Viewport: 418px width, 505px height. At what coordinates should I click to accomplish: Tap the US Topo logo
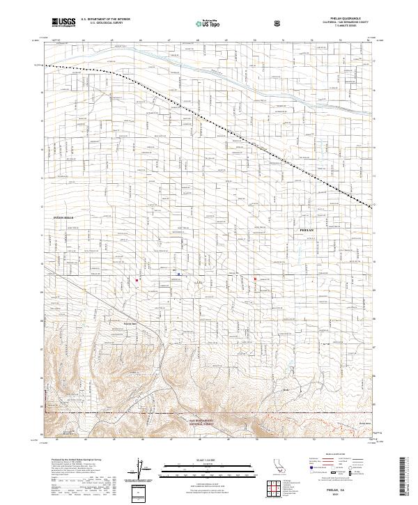(201, 22)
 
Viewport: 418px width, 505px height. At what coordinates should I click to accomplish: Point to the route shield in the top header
(277, 22)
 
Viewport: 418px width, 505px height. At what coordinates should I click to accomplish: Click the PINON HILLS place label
(63, 218)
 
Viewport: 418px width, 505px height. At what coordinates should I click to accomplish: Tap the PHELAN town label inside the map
(307, 229)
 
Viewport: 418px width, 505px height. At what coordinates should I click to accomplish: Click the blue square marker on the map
(179, 274)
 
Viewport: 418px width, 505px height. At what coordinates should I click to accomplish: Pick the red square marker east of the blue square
(255, 279)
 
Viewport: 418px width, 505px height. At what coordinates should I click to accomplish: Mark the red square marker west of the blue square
(137, 281)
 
